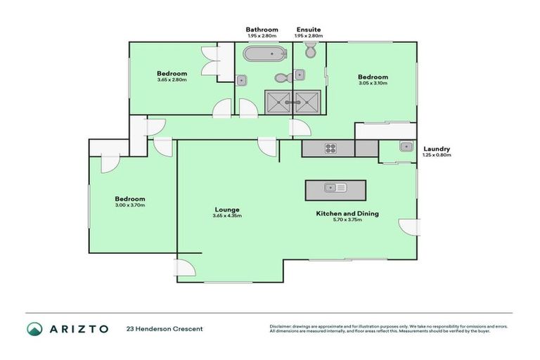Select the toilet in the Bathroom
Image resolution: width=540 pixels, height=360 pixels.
(279, 77)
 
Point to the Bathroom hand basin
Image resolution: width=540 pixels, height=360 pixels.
(242, 80)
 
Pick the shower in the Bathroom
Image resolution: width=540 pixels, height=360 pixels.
(277, 101)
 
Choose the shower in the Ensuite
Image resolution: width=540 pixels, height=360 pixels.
(307, 101)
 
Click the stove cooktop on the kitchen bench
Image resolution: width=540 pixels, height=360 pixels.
(330, 148)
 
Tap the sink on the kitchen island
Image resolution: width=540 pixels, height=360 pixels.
(335, 188)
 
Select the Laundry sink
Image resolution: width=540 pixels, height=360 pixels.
(406, 147)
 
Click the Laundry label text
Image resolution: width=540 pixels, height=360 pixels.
(436, 148)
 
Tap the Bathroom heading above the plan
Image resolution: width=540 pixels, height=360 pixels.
(259, 30)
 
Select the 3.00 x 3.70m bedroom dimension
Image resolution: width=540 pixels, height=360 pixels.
(131, 205)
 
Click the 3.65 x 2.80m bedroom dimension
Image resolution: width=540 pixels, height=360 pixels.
(172, 79)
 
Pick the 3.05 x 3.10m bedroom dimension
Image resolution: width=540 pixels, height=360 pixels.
(372, 83)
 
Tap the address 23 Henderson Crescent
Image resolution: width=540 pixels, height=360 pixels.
(164, 328)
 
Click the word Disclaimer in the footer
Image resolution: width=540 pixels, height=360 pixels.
(283, 326)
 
